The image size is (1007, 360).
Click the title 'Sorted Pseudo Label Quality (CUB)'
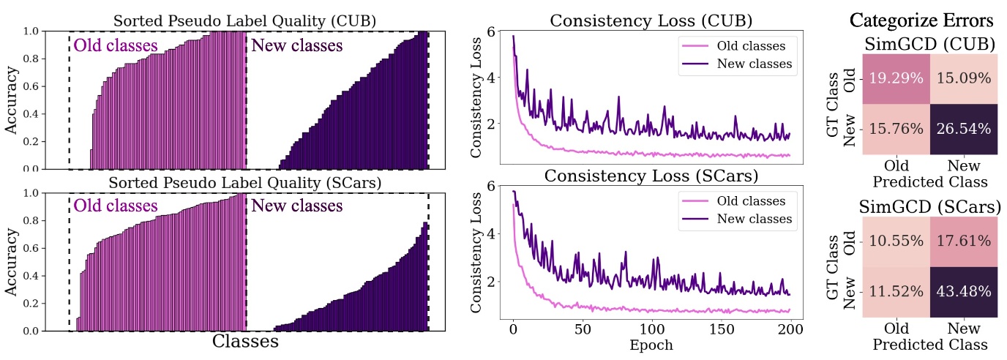pyautogui.click(x=244, y=20)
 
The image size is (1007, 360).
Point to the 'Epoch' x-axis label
pyautogui.click(x=651, y=344)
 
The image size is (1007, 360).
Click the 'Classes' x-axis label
pyautogui.click(x=244, y=342)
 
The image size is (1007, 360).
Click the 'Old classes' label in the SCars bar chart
pyautogui.click(x=116, y=206)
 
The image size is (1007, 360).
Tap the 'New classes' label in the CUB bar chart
pyautogui.click(x=296, y=46)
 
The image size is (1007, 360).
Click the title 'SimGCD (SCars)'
pyautogui.click(x=929, y=207)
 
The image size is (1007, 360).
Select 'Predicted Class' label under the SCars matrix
pyautogui.click(x=929, y=344)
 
